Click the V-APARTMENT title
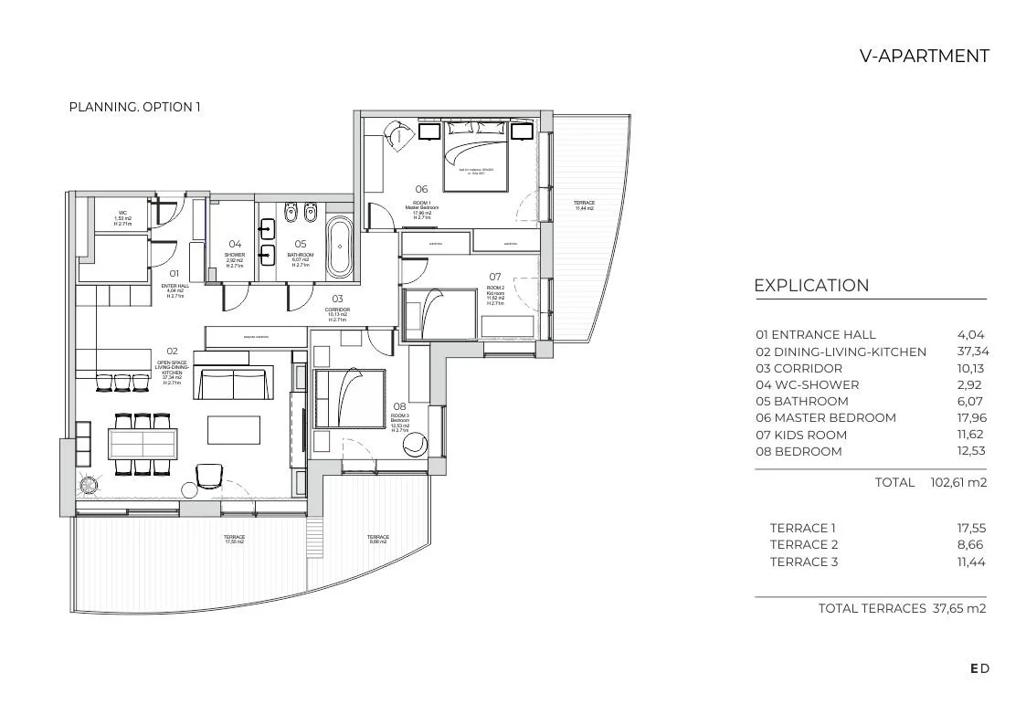click(x=924, y=57)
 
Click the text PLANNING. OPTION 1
click(x=134, y=107)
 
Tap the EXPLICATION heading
click(x=811, y=286)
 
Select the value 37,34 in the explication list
click(x=972, y=352)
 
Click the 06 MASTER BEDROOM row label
click(x=825, y=418)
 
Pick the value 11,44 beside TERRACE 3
click(x=970, y=562)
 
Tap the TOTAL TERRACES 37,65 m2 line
click(x=902, y=608)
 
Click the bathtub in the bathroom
click(x=339, y=247)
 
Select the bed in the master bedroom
click(x=475, y=161)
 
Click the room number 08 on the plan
click(x=399, y=407)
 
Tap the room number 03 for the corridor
click(x=337, y=299)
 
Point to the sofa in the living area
click(x=234, y=384)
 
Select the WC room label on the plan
click(x=122, y=214)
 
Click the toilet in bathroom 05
click(x=291, y=215)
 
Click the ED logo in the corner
click(x=979, y=668)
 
